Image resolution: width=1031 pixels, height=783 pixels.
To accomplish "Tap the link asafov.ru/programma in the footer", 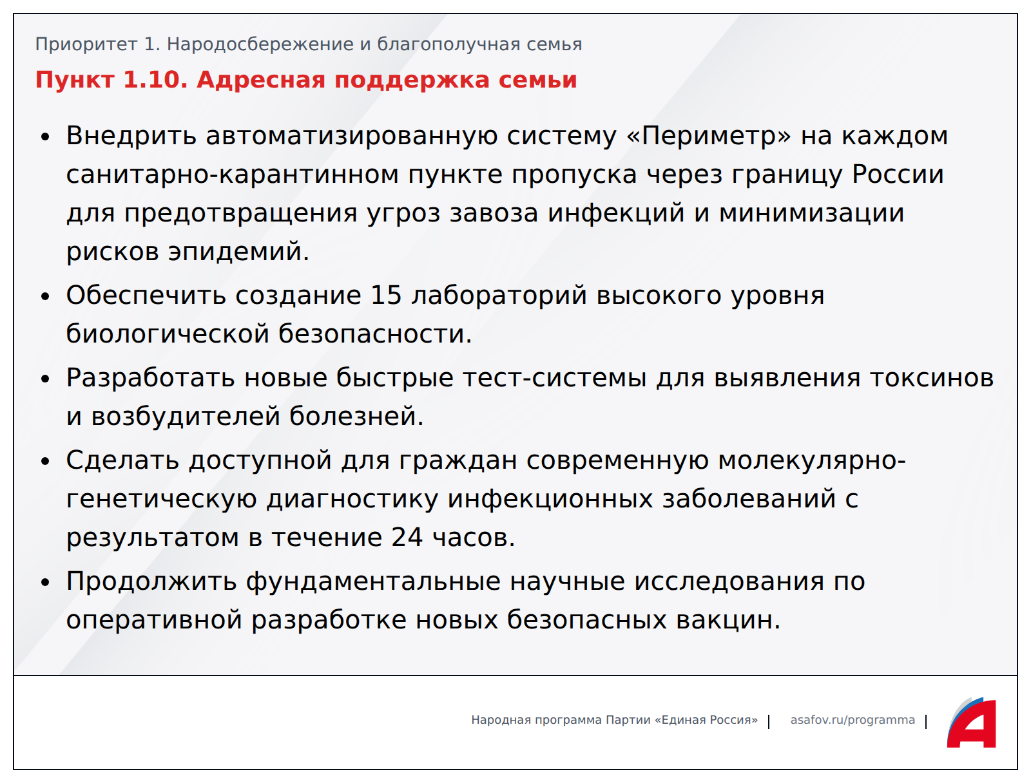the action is point(853,720).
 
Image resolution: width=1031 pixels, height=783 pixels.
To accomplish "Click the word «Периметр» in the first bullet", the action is point(709,136).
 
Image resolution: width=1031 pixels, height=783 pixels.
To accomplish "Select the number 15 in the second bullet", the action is point(386,295).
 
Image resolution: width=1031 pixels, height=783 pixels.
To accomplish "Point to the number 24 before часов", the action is point(407,537).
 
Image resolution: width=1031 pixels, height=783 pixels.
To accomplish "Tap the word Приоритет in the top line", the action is point(86,44).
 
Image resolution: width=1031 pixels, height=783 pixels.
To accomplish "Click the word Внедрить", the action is point(131,136).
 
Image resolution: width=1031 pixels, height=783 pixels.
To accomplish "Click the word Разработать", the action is point(150,378).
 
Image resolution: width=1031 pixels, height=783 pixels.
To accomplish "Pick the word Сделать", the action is point(122,460).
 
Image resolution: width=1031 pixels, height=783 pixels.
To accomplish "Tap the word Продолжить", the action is point(151,581).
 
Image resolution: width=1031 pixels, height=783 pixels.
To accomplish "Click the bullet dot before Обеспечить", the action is point(45,296).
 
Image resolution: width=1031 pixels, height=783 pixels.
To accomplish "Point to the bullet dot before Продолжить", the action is point(45,583).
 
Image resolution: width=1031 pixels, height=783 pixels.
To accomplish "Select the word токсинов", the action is point(932,378).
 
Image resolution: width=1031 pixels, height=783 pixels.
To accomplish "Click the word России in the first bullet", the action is point(898,175).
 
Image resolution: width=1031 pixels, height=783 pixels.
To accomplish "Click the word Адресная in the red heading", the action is point(261,80).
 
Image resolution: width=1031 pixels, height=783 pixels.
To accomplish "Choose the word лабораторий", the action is point(499,296).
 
